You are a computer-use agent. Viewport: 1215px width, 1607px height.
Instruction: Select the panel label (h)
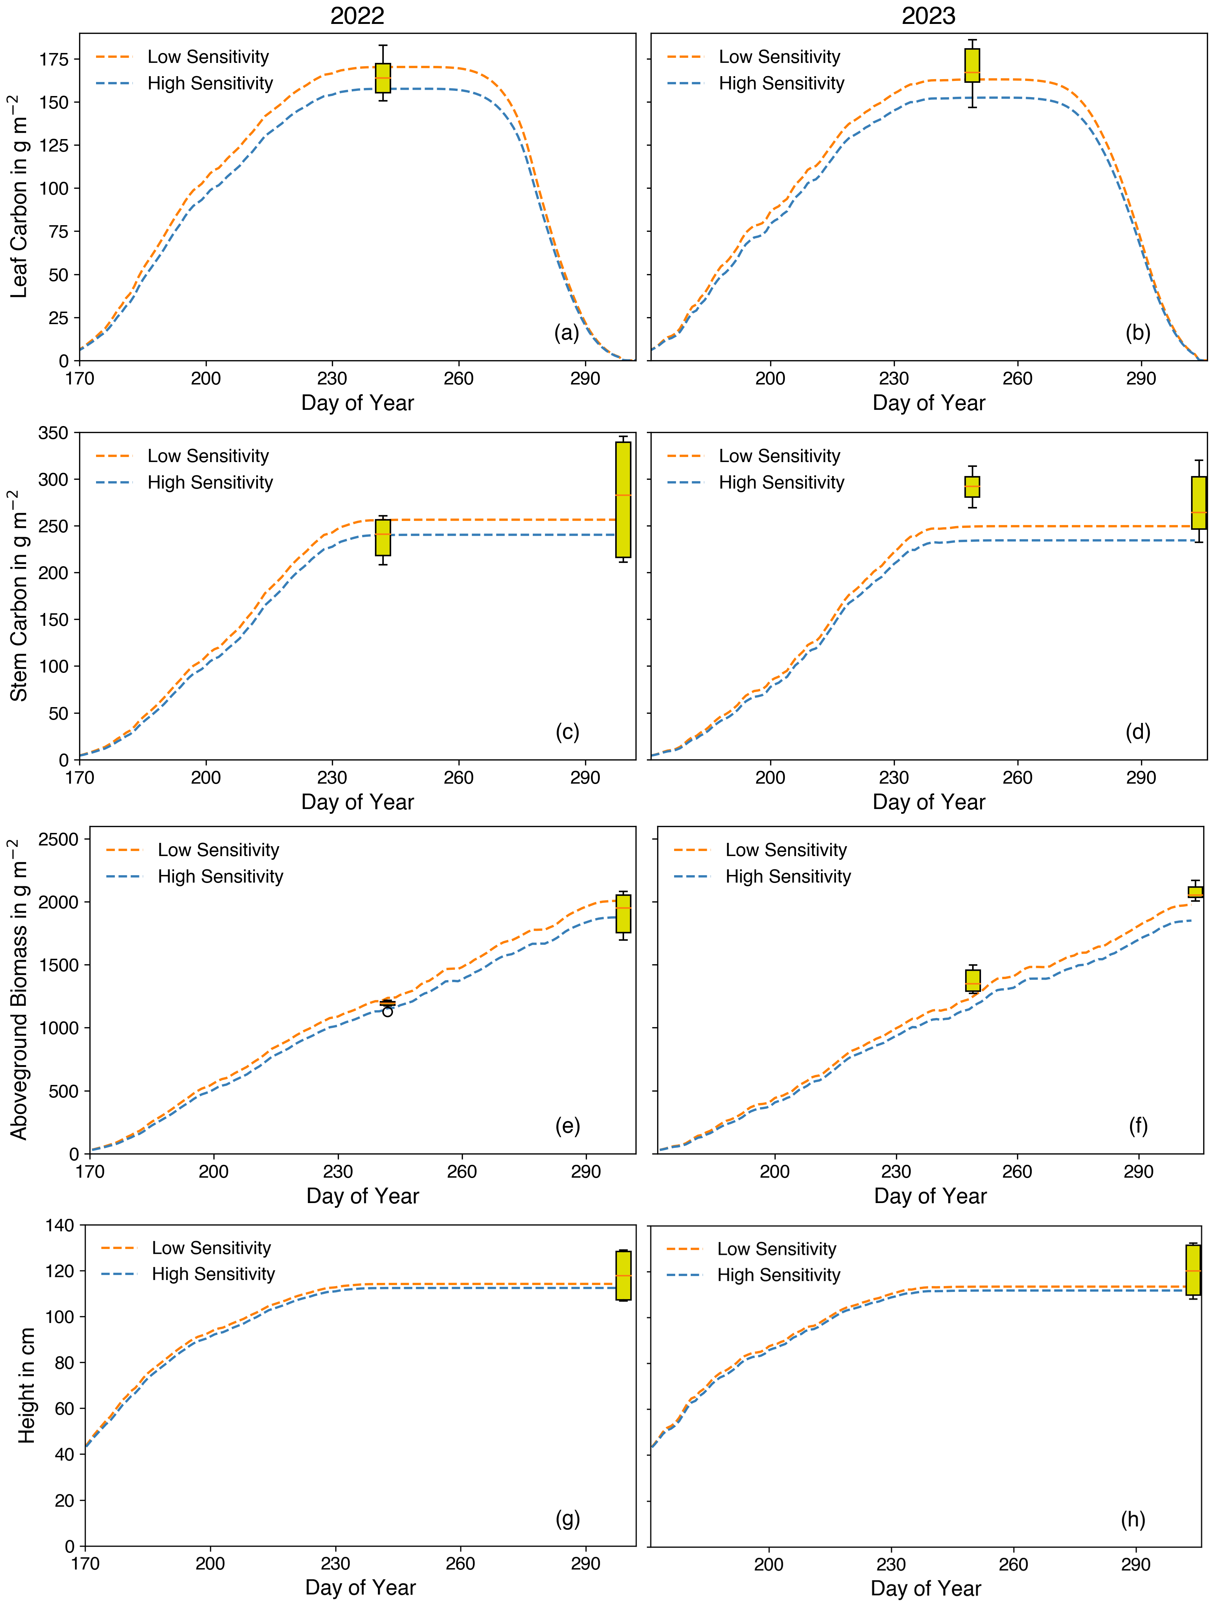(x=1133, y=1519)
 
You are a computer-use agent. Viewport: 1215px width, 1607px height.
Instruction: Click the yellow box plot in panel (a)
(x=383, y=78)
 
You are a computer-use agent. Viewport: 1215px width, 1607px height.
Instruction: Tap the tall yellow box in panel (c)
(x=623, y=500)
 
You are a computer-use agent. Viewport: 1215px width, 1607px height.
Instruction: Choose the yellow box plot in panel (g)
(x=623, y=1275)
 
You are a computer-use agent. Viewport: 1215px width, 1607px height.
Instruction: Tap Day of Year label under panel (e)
(x=362, y=1196)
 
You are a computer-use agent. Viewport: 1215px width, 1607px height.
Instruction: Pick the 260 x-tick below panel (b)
(x=1017, y=379)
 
